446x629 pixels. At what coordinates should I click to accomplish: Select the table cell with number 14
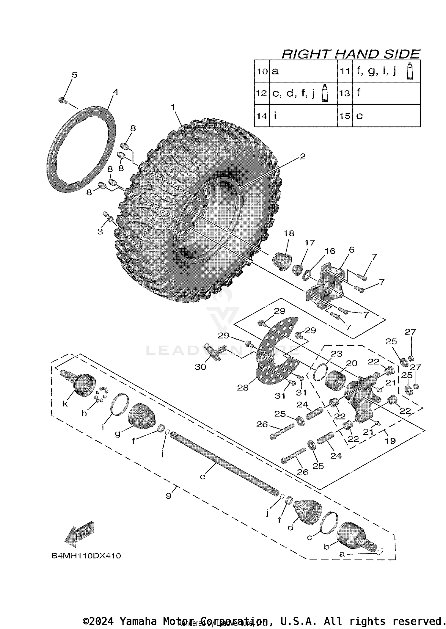262,115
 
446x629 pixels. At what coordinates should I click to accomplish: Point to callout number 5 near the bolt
74,75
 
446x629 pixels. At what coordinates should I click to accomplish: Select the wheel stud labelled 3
108,217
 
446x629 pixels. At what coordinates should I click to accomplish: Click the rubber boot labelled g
141,416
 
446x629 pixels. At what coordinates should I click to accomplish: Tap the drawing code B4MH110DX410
86,556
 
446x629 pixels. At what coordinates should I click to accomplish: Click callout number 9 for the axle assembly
169,496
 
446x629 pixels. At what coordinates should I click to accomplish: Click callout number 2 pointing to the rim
302,156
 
